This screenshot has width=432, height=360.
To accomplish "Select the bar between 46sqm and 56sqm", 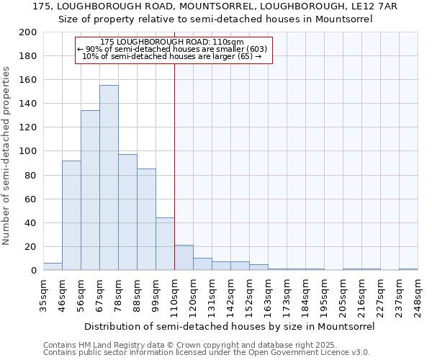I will [71, 215].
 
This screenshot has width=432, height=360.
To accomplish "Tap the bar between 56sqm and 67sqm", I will [90, 190].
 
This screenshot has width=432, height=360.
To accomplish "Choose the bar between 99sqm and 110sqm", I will [165, 244].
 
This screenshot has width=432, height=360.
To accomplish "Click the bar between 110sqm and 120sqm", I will [184, 258].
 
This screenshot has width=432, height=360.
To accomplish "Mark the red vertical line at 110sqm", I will [174, 166].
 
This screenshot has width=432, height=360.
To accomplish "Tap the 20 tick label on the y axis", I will [32, 247].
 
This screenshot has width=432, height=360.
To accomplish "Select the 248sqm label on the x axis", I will [417, 296].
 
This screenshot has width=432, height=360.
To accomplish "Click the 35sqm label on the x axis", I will [43, 296].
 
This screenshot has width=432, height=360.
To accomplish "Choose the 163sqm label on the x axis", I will [268, 296].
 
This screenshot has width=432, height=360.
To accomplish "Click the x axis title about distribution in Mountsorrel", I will [229, 326].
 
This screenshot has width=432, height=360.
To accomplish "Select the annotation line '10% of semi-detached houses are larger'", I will [172, 55].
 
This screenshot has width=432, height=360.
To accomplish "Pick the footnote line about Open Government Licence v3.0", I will [207, 352].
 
